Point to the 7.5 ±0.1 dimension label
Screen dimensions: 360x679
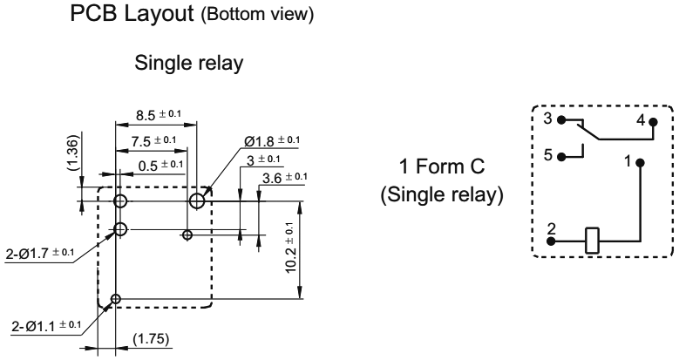click(149, 140)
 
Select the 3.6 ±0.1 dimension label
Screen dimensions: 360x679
click(284, 178)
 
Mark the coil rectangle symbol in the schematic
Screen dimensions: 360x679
click(594, 239)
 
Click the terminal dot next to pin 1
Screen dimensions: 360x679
click(641, 163)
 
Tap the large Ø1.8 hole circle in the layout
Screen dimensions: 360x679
click(198, 177)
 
